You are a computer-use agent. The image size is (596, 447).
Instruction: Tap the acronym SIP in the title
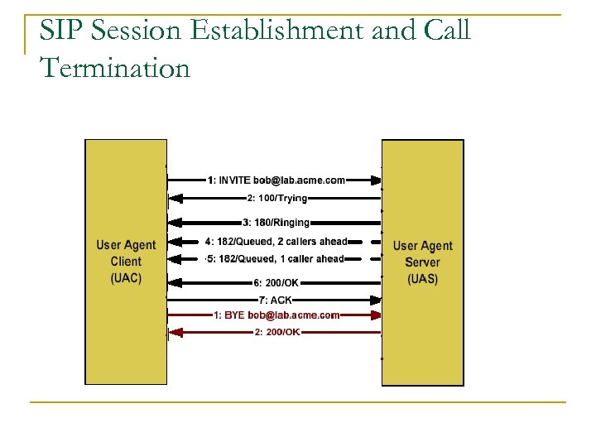(60, 31)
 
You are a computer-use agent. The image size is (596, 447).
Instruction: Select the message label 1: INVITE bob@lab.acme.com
(276, 180)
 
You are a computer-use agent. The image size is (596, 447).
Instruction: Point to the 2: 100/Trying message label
(276, 199)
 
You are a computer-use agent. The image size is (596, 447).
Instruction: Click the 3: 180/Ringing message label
(276, 222)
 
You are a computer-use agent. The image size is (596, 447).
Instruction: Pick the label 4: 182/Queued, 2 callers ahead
(276, 242)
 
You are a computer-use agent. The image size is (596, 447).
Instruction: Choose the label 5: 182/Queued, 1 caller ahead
(276, 260)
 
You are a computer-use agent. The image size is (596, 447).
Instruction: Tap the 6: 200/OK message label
(276, 282)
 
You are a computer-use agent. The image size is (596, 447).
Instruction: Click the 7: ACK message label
(275, 300)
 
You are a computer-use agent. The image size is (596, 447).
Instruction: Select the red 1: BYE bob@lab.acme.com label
(276, 315)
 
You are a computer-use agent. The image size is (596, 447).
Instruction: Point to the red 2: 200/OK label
(276, 332)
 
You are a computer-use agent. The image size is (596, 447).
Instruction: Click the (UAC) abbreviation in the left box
(126, 278)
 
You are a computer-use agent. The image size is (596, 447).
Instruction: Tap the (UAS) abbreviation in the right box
(422, 279)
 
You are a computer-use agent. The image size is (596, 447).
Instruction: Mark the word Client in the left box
(126, 262)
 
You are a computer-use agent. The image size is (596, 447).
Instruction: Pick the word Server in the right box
(422, 262)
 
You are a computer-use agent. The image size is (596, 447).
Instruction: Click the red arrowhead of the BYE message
(376, 315)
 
